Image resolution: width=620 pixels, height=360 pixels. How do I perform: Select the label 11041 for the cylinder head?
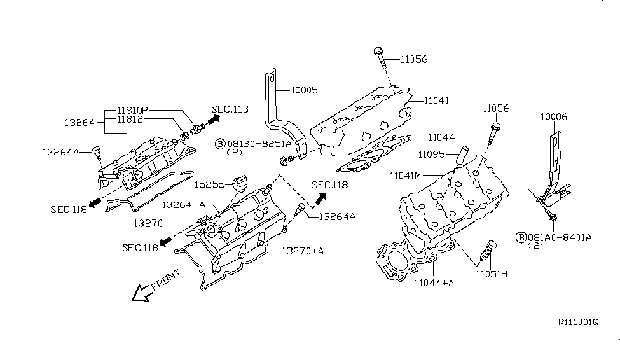pos(426,100)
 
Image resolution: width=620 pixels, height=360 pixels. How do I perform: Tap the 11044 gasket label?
pos(441,137)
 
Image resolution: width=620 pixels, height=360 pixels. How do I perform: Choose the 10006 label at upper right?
pos(553,117)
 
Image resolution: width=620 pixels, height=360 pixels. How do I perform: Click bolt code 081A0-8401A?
pos(560,237)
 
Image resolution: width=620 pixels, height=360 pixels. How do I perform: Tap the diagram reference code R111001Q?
pos(579,322)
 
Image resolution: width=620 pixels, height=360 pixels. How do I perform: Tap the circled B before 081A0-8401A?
pos(521,237)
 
